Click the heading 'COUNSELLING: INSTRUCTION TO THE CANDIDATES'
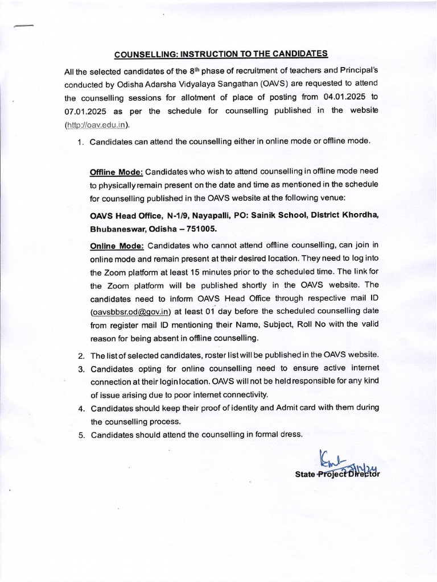221,54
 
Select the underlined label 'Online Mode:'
117,246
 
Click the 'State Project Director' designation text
337,475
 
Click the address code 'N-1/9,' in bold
177,215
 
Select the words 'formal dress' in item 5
277,435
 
